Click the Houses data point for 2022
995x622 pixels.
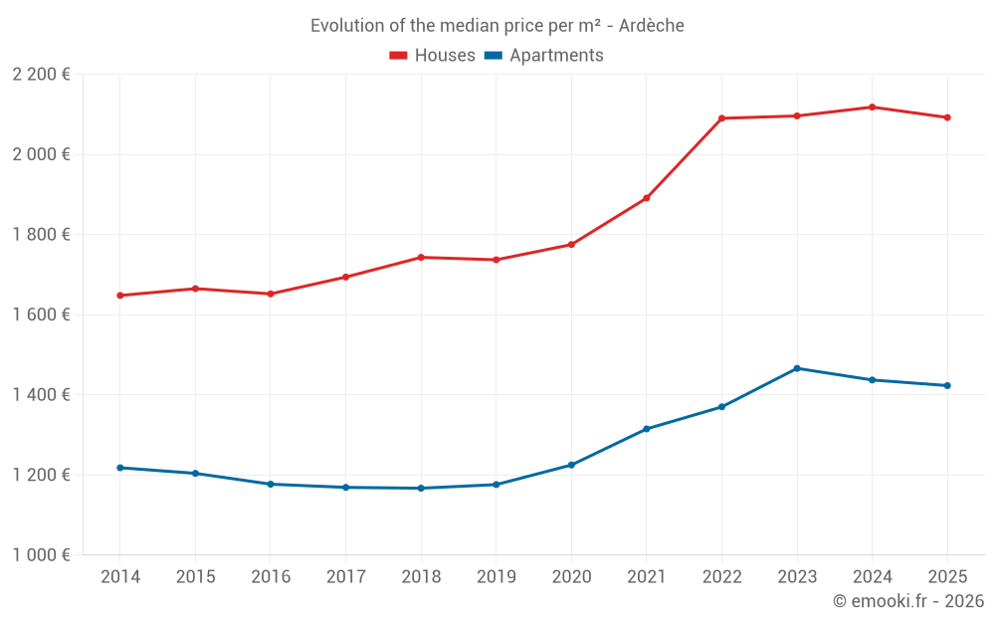721,118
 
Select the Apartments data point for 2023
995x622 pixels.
797,368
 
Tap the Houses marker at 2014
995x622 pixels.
119,296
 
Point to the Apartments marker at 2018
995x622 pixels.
421,488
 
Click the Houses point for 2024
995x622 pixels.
873,107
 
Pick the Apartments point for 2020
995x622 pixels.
571,465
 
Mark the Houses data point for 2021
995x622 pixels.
647,198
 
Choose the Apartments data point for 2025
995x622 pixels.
947,385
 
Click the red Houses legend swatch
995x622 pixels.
399,56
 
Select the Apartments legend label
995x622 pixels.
556,56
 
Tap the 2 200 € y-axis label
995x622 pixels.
41,75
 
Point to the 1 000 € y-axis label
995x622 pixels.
41,555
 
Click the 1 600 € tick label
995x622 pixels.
41,314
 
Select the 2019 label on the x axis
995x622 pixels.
496,577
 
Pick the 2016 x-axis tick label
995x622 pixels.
270,577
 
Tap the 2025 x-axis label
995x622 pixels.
947,577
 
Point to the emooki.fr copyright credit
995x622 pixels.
907,601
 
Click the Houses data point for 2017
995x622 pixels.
345,277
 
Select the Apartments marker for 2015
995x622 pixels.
195,474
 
